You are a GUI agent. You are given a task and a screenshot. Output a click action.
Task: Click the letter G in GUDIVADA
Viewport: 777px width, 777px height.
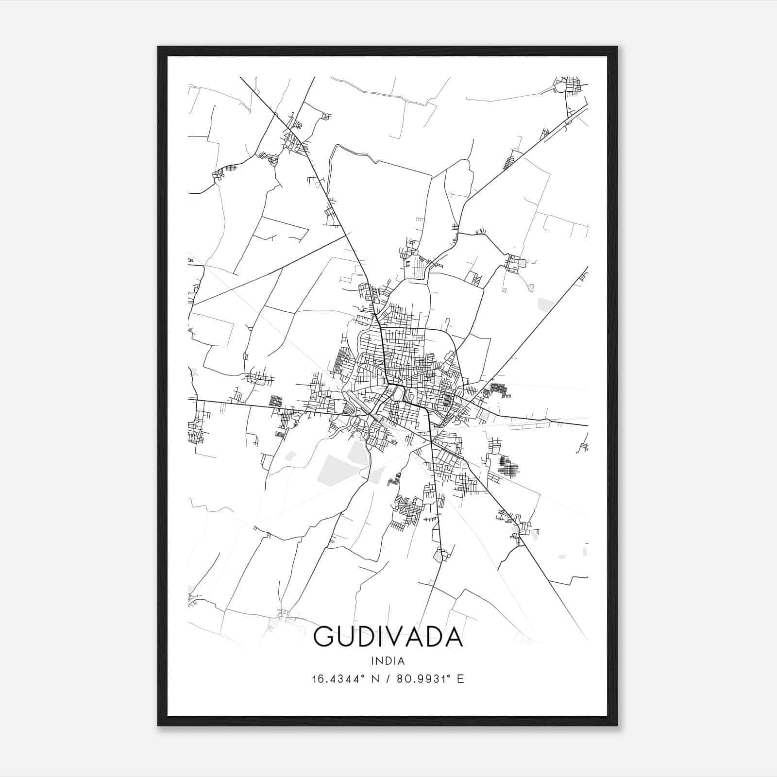coord(325,637)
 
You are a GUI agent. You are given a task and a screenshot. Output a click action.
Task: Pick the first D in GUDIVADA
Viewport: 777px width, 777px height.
coord(372,637)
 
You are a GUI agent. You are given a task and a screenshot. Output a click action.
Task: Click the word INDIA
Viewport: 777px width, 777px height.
coord(388,661)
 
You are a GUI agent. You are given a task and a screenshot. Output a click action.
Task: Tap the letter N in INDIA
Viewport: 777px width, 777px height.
coord(379,661)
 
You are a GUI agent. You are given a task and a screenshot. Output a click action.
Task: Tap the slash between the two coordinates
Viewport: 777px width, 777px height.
coord(388,679)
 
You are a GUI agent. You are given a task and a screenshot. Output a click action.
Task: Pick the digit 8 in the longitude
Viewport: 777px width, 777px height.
coord(400,679)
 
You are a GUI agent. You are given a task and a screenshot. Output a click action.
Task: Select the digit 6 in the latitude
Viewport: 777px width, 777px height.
coord(321,679)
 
